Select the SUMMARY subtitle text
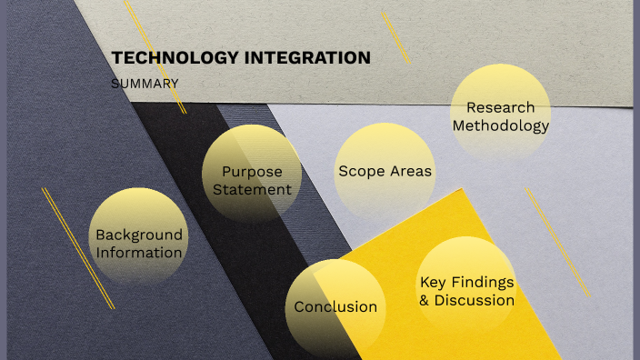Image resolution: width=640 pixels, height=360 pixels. point(144,84)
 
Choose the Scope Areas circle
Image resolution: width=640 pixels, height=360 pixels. point(385,171)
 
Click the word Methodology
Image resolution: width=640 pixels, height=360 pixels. point(501,126)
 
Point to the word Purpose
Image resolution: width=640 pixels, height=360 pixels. point(252,171)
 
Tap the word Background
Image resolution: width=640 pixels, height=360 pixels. point(139,235)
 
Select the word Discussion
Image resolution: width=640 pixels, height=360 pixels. point(474,300)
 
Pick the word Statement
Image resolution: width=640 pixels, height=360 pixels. point(252,189)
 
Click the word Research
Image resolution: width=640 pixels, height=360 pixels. point(501,107)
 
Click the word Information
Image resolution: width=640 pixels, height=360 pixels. point(139,253)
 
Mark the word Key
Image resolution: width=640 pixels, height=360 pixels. point(433,282)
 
